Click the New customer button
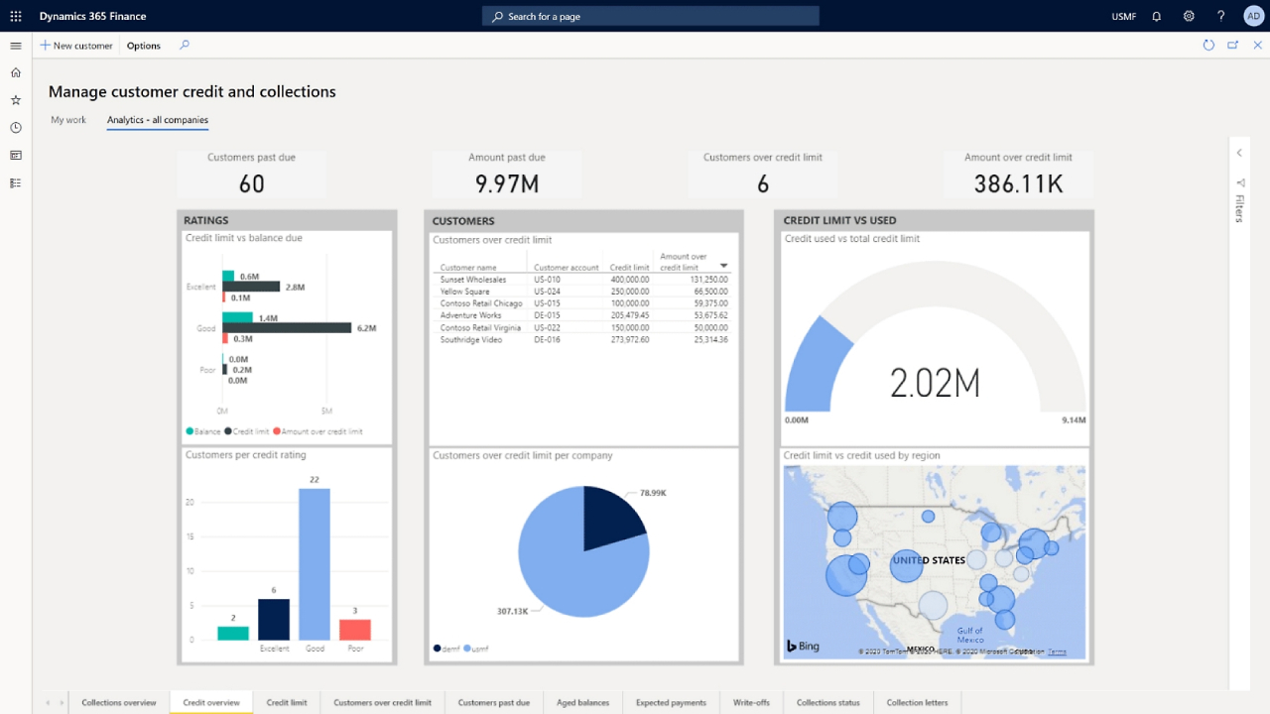(x=76, y=46)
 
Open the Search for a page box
(x=650, y=16)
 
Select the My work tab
(x=68, y=120)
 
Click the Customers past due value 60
(x=251, y=183)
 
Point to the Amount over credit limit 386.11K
(x=1018, y=183)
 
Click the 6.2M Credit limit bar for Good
(x=287, y=327)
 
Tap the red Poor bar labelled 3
(x=354, y=630)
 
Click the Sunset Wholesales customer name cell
(x=473, y=280)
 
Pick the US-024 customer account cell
(x=548, y=292)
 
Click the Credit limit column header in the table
(x=629, y=268)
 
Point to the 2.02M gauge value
(x=935, y=383)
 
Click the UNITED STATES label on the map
(x=929, y=560)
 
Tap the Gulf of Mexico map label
(x=969, y=635)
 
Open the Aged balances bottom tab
(x=582, y=702)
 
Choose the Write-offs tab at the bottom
(x=751, y=702)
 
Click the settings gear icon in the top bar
(x=1189, y=16)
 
